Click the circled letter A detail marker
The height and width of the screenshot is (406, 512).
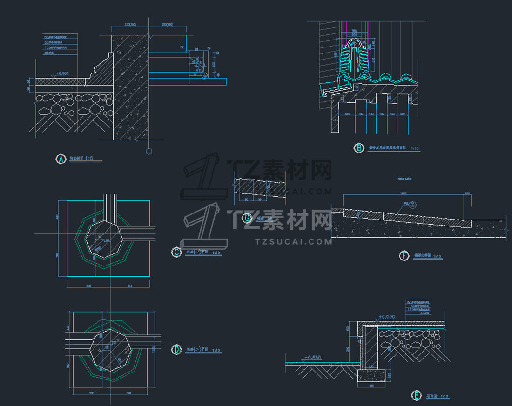pos(61,159)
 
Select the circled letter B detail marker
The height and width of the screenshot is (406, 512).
pos(359,148)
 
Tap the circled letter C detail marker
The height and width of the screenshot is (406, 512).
pos(176,252)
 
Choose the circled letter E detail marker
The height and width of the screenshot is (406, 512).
pos(416,396)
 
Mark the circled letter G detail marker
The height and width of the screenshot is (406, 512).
pos(247,218)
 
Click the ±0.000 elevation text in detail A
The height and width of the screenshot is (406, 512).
pos(62,73)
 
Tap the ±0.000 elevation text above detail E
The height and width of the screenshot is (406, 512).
pos(387,317)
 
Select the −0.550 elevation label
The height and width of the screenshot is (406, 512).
pos(313,357)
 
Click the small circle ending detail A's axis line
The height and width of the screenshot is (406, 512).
pos(149,151)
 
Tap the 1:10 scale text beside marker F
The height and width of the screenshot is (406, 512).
pos(437,256)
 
